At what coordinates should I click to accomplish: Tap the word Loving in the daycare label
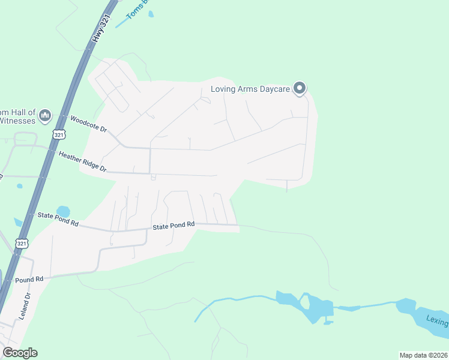point(223,90)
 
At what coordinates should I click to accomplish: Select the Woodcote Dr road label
point(88,124)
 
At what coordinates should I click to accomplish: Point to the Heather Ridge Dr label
point(82,162)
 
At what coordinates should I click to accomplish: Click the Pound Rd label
point(29,280)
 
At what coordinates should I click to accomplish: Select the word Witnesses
point(18,121)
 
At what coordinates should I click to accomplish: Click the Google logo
point(20,353)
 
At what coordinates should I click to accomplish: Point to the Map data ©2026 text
point(423,355)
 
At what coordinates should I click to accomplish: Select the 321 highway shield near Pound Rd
point(22,244)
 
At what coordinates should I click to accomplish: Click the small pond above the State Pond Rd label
point(63,212)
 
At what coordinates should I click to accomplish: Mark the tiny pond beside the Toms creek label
point(151,13)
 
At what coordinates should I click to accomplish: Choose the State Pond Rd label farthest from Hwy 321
point(173,226)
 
